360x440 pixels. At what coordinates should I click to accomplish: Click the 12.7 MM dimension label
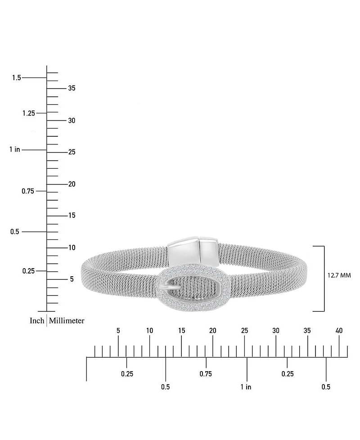pos(339,275)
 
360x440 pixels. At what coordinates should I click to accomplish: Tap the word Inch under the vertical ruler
pos(37,320)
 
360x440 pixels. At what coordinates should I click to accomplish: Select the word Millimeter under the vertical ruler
pos(67,320)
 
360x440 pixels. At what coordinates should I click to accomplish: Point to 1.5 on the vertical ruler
pos(17,77)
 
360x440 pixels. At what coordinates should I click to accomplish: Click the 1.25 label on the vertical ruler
pos(29,113)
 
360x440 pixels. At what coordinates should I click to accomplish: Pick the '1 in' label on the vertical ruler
pos(15,149)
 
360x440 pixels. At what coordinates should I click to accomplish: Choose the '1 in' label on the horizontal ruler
pos(246,386)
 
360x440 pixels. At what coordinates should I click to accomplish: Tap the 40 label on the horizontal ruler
pos(339,331)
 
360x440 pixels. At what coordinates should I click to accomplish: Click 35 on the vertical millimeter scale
pos(72,88)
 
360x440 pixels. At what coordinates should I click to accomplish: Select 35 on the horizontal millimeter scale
pos(307,331)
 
